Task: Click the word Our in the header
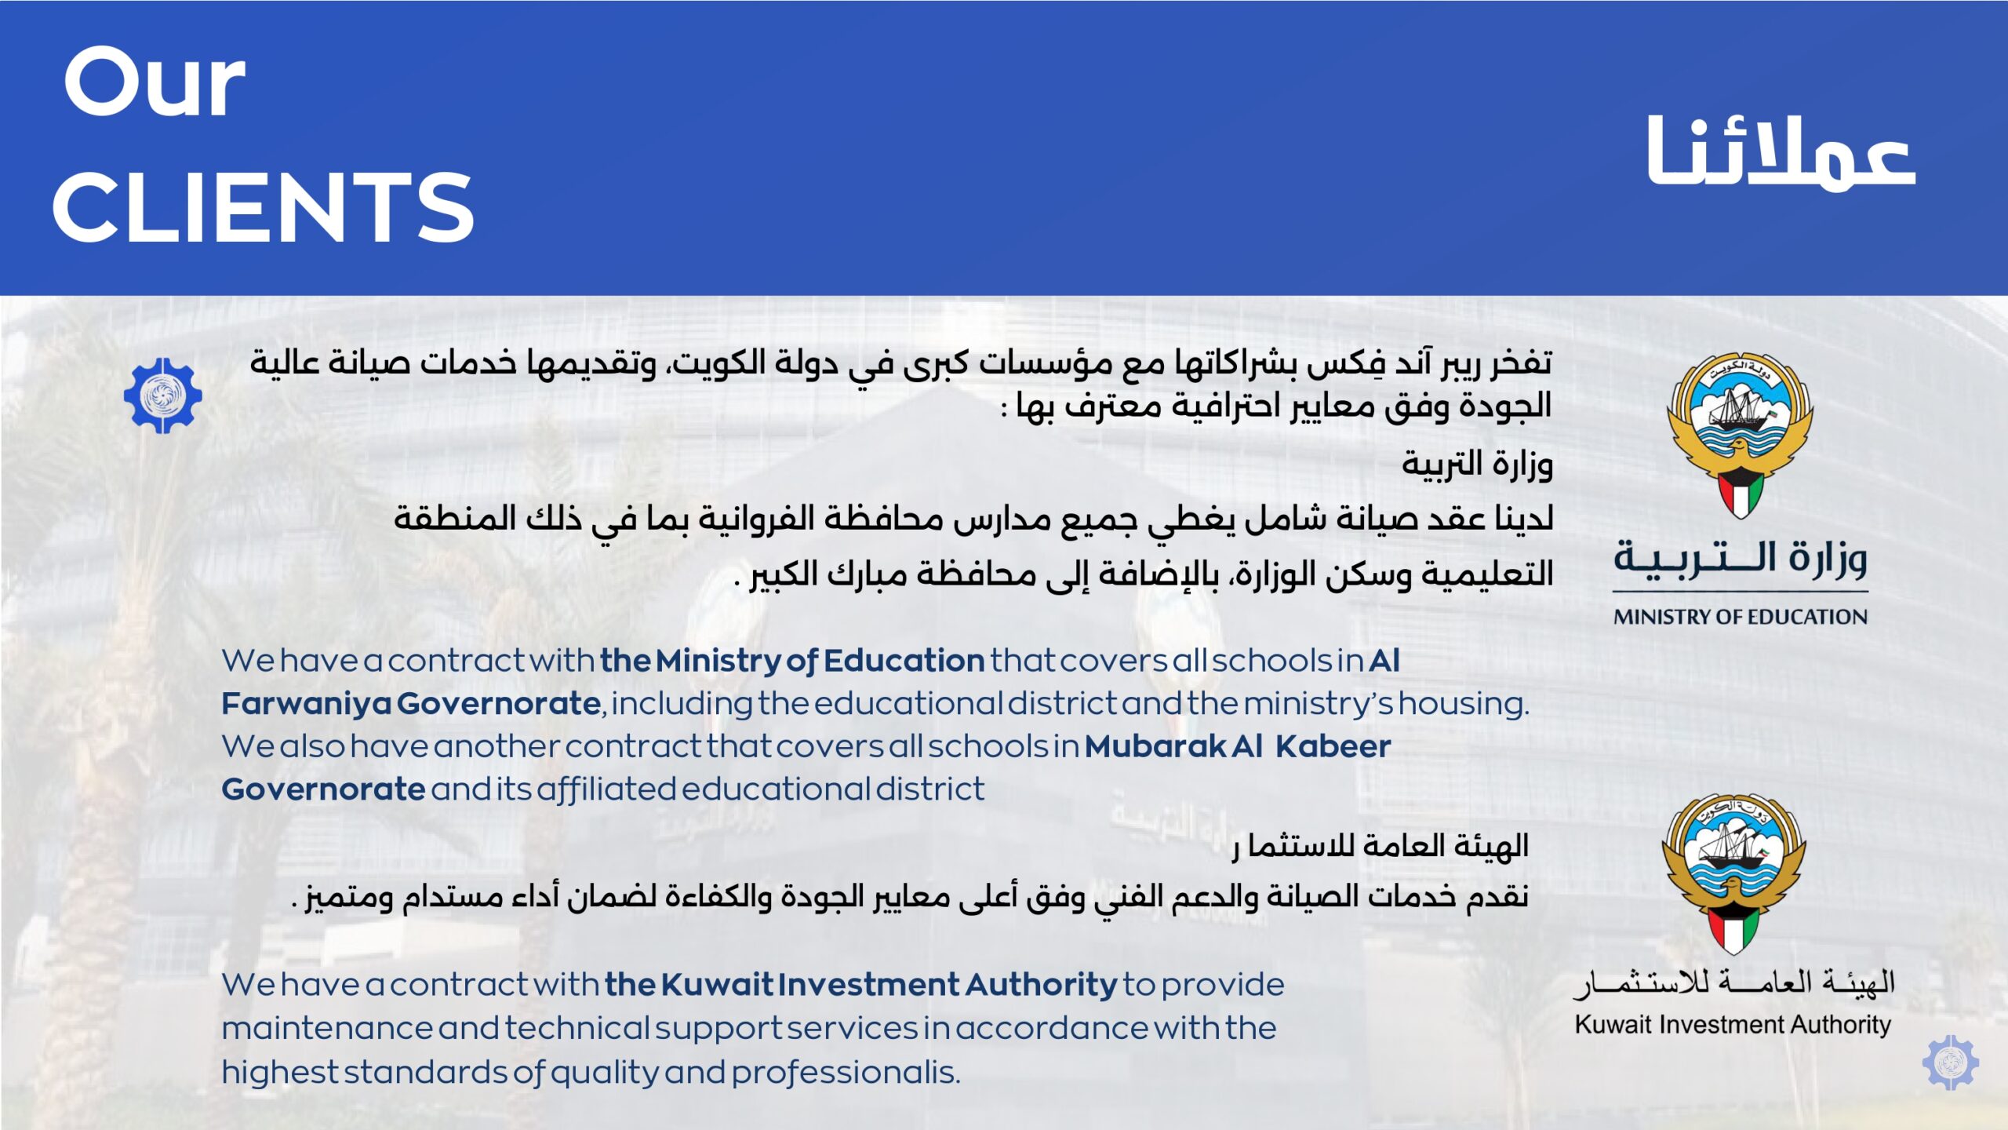pyautogui.click(x=155, y=82)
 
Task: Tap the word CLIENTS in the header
pyautogui.click(x=263, y=208)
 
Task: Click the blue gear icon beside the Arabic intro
pyautogui.click(x=163, y=395)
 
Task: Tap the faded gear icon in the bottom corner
pyautogui.click(x=1950, y=1063)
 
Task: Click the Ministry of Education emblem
pyautogui.click(x=1740, y=436)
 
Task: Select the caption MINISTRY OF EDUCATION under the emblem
pyautogui.click(x=1740, y=617)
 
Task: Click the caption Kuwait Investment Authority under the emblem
pyautogui.click(x=1733, y=1025)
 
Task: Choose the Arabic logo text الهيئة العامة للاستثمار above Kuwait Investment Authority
pyautogui.click(x=1733, y=983)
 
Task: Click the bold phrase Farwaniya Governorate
pyautogui.click(x=411, y=703)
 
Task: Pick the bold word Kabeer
pyautogui.click(x=1333, y=746)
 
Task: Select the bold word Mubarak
pyautogui.click(x=1156, y=746)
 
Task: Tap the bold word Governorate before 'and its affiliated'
pyautogui.click(x=323, y=789)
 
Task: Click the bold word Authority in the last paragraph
pyautogui.click(x=1040, y=985)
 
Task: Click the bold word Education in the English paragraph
pyautogui.click(x=904, y=661)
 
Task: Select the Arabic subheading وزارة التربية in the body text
pyautogui.click(x=1477, y=464)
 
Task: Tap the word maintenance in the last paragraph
pyautogui.click(x=327, y=1029)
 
